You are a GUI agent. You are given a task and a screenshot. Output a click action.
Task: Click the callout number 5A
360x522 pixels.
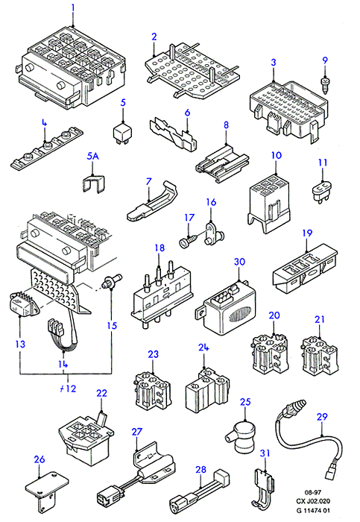(x=93, y=156)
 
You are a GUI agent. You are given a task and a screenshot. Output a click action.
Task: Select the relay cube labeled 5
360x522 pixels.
(x=122, y=133)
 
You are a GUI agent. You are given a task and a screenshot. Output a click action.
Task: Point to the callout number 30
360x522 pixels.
(x=239, y=262)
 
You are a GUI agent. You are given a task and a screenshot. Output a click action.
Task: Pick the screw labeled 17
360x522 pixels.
(x=189, y=240)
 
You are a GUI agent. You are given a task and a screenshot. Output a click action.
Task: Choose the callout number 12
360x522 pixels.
(x=72, y=389)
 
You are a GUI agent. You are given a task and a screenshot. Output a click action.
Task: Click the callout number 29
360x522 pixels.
(x=322, y=417)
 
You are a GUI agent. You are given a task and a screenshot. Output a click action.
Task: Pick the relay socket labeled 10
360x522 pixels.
(x=269, y=203)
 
